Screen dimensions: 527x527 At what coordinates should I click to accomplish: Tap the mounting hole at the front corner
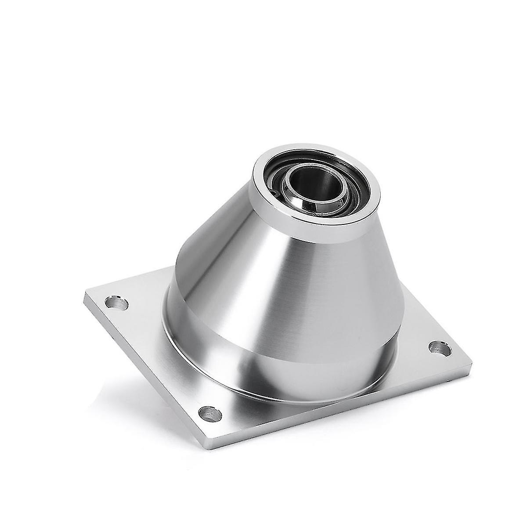pos(209,412)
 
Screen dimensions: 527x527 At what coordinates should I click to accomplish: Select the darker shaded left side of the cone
pos(202,263)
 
